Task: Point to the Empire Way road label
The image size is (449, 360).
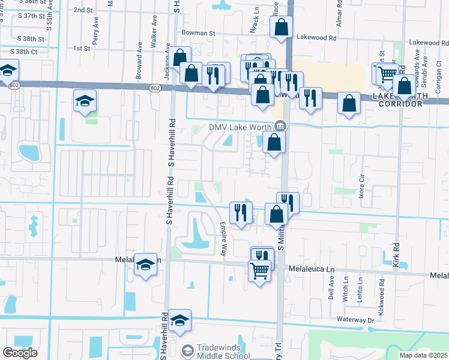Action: [223, 239]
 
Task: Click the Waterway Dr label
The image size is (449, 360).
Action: [356, 320]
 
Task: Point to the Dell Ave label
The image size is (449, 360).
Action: [331, 292]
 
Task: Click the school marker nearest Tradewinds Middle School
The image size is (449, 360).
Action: [179, 321]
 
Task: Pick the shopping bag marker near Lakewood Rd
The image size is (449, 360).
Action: [281, 26]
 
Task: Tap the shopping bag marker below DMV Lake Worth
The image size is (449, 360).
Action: [274, 142]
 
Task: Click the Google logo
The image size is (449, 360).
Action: [20, 353]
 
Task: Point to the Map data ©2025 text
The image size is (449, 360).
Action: [423, 355]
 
